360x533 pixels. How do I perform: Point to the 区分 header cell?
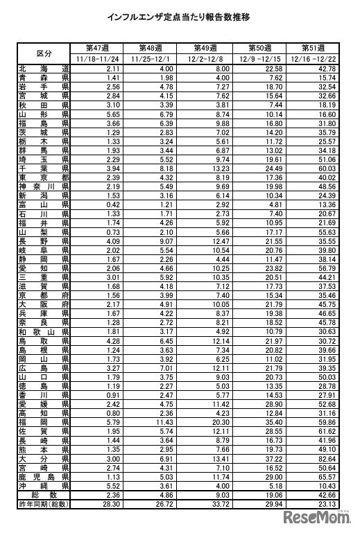tap(44, 53)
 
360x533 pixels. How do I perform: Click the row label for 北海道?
tap(44, 69)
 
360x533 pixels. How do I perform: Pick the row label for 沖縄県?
tap(44, 487)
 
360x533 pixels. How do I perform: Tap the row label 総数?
tap(44, 496)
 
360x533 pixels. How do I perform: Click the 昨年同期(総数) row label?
tap(44, 505)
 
